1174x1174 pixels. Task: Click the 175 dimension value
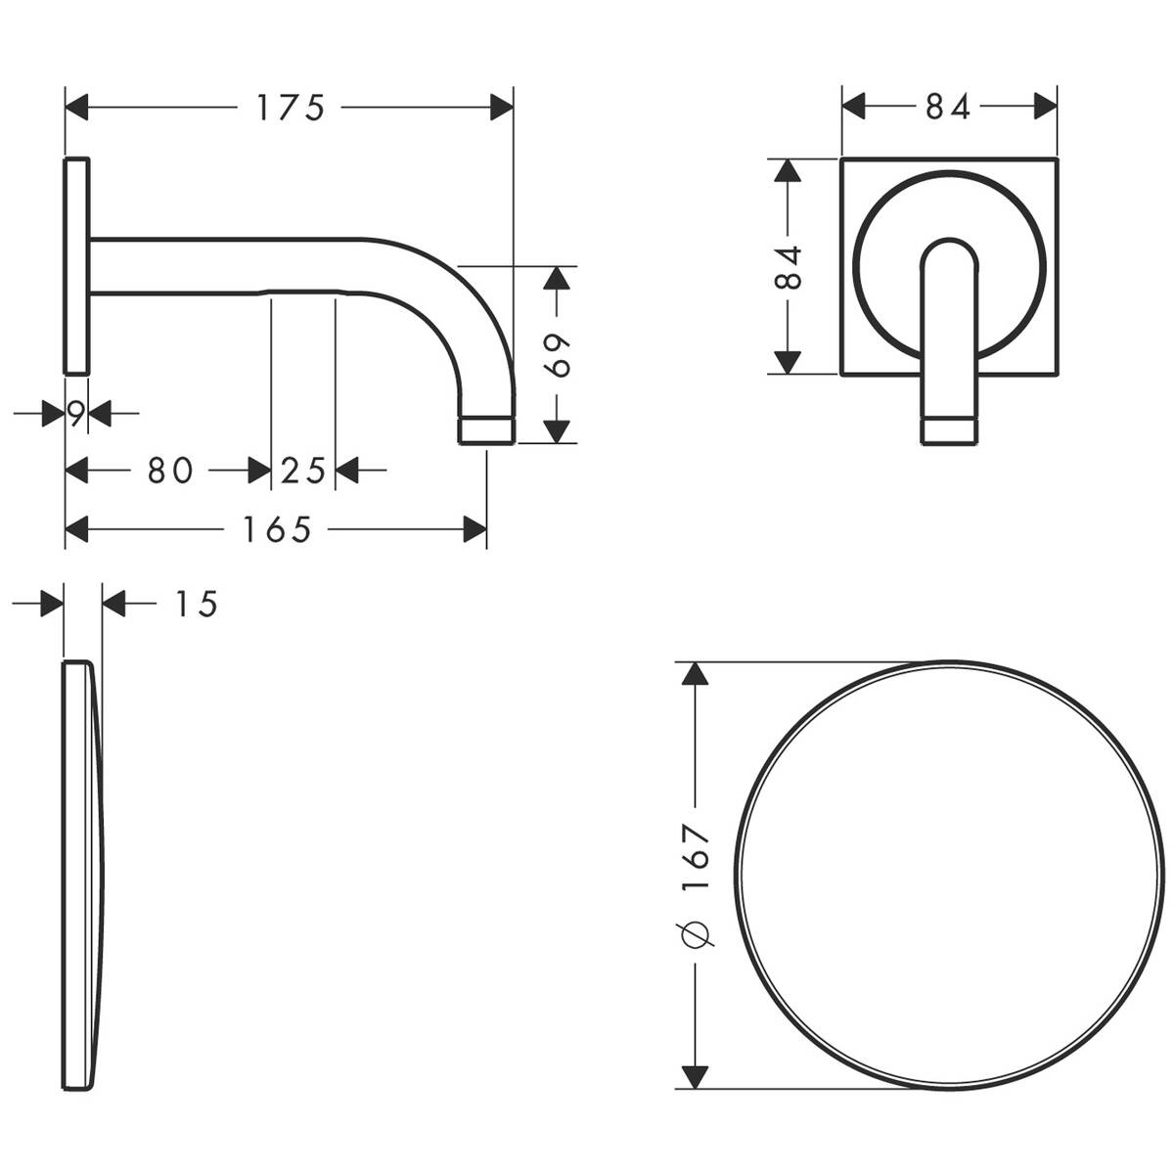pyautogui.click(x=290, y=107)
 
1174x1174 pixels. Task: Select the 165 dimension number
pyautogui.click(x=277, y=530)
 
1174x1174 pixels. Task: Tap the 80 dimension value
pyautogui.click(x=169, y=471)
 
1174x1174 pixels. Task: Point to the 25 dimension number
pyautogui.click(x=302, y=471)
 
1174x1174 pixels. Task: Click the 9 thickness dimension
pyautogui.click(x=76, y=413)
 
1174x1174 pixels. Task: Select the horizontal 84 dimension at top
pyautogui.click(x=948, y=107)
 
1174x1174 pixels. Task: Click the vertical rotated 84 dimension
pyautogui.click(x=788, y=266)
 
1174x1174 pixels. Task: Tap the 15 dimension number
pyautogui.click(x=196, y=605)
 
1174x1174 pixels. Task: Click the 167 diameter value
pyautogui.click(x=696, y=857)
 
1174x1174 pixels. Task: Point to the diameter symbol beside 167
pyautogui.click(x=697, y=934)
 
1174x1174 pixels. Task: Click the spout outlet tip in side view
pyautogui.click(x=486, y=429)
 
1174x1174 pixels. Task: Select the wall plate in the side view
pyautogui.click(x=77, y=264)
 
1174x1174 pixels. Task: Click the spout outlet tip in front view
pyautogui.click(x=949, y=430)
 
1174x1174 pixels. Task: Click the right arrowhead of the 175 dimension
pyautogui.click(x=502, y=107)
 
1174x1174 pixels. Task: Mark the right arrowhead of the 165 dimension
pyautogui.click(x=475, y=530)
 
